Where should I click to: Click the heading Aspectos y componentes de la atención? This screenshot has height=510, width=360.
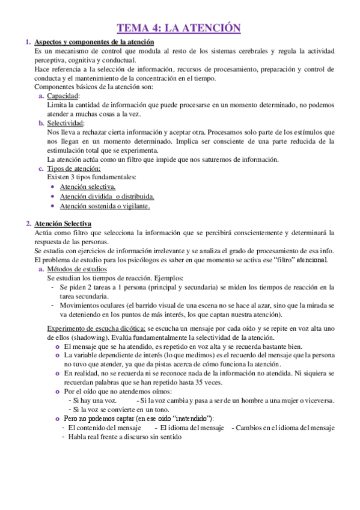pyautogui.click(x=94, y=42)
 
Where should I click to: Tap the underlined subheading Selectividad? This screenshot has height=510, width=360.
pyautogui.click(x=66, y=123)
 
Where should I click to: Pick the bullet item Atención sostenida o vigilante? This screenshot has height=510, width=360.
pyautogui.click(x=105, y=206)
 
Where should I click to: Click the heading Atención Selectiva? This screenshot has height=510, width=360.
pyautogui.click(x=63, y=224)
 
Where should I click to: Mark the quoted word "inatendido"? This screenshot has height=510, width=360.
pyautogui.click(x=191, y=418)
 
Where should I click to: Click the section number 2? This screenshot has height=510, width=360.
pyautogui.click(x=28, y=224)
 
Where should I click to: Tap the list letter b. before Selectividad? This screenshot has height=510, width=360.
pyautogui.click(x=40, y=123)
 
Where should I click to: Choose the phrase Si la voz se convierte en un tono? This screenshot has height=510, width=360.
pyautogui.click(x=118, y=409)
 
